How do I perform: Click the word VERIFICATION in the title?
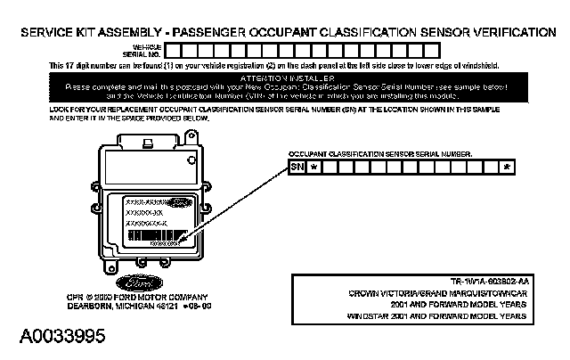[x=511, y=31]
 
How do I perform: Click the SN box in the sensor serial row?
[x=297, y=167]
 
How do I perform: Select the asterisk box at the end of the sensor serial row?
[x=507, y=167]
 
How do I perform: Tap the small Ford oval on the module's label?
[x=175, y=202]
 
